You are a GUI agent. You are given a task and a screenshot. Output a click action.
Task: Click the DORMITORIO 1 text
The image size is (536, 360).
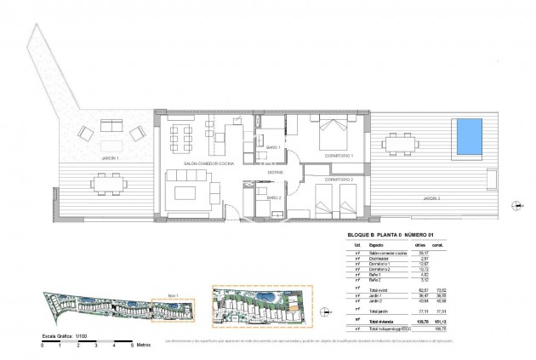click(339, 156)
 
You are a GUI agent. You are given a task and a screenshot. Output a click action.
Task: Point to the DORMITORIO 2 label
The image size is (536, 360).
click(338, 180)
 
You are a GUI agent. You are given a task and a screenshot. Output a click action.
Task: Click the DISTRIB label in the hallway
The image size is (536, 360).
click(275, 173)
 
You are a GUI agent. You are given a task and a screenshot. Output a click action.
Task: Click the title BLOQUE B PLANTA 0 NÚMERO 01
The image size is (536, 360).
click(394, 236)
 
